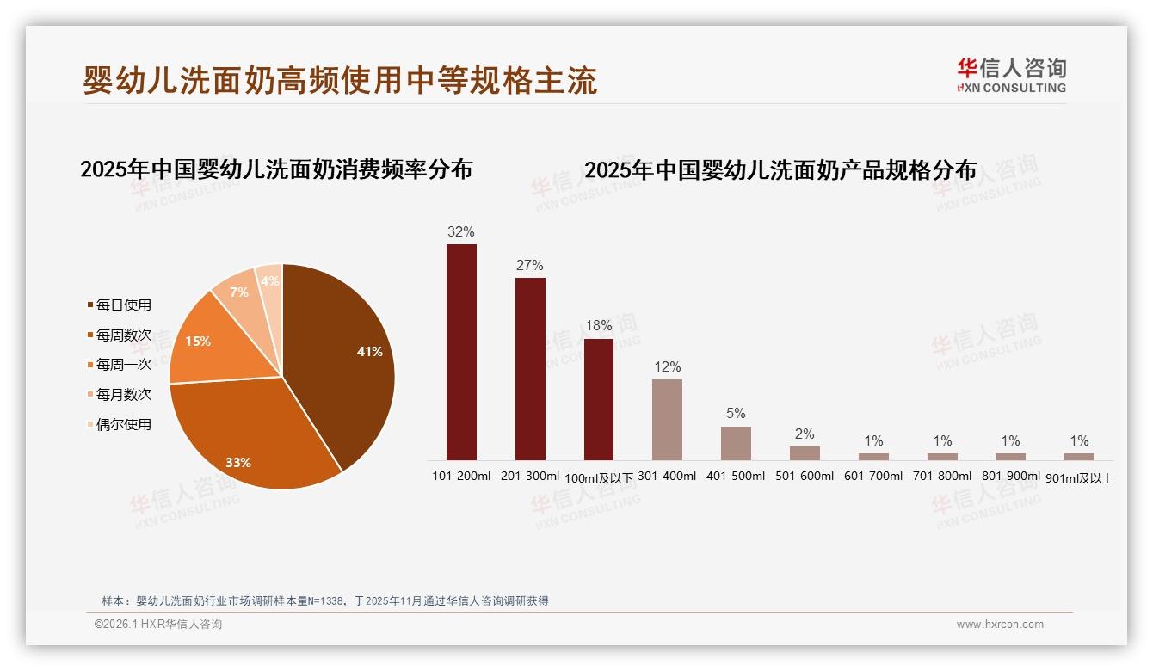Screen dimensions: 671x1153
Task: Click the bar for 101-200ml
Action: click(461, 353)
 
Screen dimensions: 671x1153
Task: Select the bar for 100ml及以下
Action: click(599, 399)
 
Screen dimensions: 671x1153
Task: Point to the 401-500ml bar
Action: click(736, 443)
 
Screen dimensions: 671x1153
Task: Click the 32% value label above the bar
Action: click(461, 232)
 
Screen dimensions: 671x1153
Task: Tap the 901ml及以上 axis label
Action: click(1079, 478)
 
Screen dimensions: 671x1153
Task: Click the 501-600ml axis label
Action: click(805, 476)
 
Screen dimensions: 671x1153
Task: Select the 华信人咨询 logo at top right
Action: click(1011, 75)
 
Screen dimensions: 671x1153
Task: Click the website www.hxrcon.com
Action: click(1000, 625)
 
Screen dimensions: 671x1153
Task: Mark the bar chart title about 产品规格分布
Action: click(780, 170)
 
